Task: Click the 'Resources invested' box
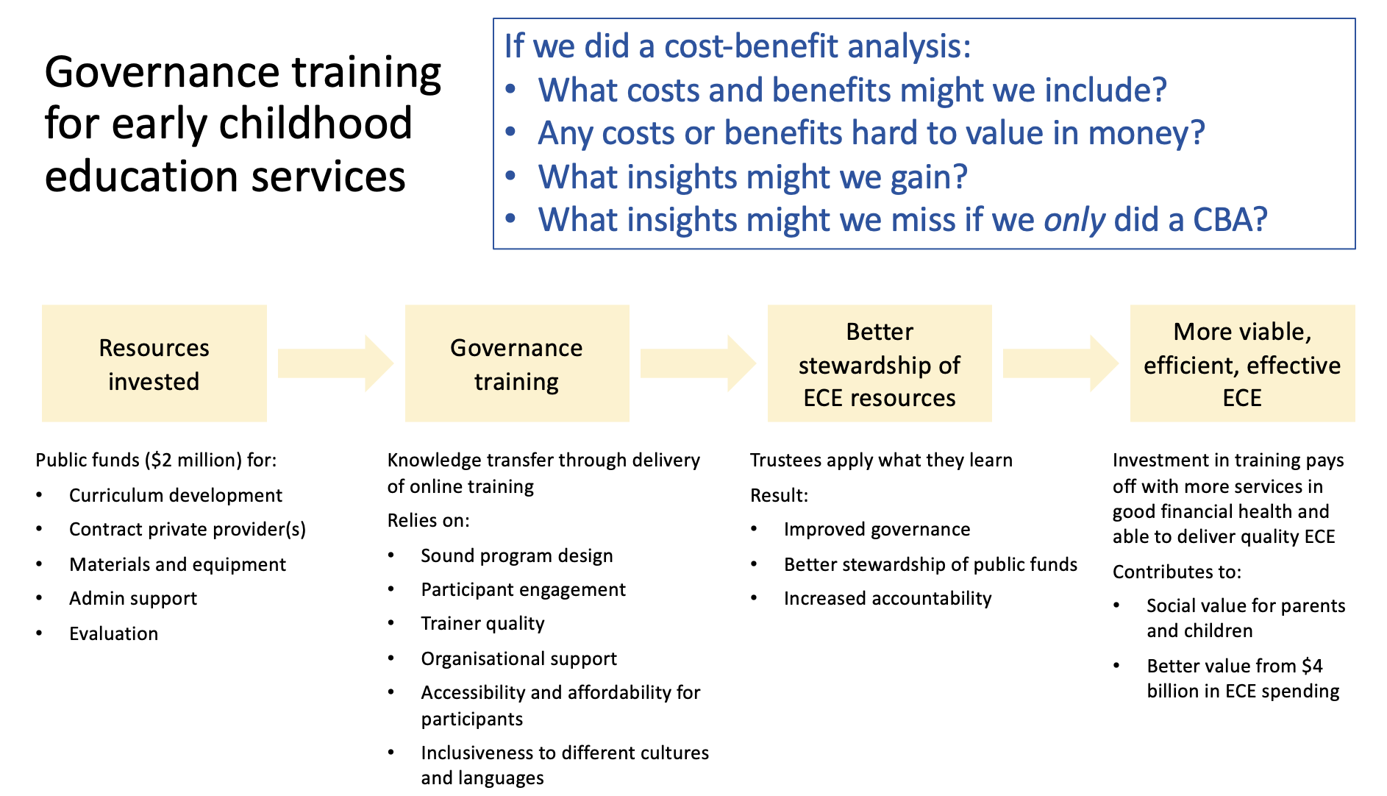154,363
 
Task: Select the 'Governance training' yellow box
517,363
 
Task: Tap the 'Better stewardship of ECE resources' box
880,363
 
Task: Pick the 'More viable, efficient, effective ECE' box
1242,363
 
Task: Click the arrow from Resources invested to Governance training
336,363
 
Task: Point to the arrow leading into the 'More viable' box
1061,363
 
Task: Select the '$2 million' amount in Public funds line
193,460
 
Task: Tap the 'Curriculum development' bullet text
176,495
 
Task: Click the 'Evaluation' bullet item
114,633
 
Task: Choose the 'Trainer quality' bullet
483,623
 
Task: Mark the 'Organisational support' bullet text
519,658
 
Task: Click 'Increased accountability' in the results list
888,598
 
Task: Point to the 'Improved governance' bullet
877,529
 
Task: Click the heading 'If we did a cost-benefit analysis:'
738,46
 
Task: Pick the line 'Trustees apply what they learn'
881,460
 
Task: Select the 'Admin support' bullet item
133,598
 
